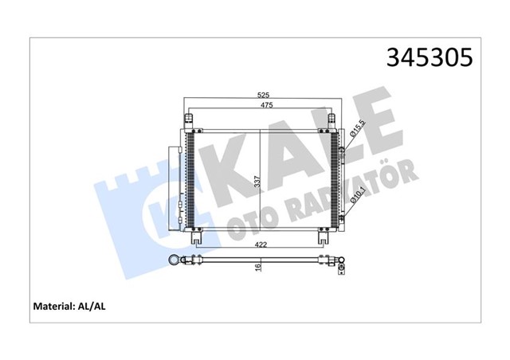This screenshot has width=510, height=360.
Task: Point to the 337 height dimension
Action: pos(257,182)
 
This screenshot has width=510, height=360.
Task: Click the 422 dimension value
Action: pos(260,247)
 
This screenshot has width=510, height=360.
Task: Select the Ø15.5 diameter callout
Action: pos(358,130)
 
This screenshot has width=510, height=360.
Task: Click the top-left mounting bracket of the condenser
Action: pos(190,120)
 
